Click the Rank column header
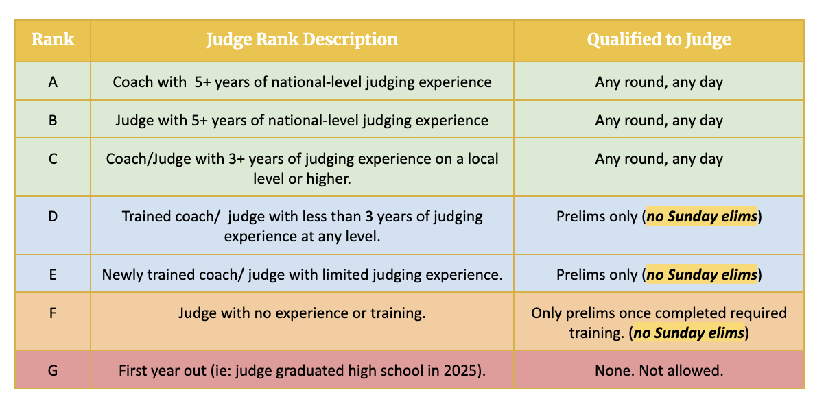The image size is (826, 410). point(53,39)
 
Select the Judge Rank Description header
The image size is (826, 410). point(302,40)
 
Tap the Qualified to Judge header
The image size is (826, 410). point(659,40)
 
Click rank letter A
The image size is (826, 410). point(53,82)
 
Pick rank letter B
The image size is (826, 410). point(53,121)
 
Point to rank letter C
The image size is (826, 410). point(53,159)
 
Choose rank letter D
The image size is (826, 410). point(53,216)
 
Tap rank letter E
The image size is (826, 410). point(53,275)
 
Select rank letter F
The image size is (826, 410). point(53,313)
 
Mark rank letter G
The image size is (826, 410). point(53,371)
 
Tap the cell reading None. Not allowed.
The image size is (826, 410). point(659,371)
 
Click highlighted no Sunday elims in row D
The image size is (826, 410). point(702,217)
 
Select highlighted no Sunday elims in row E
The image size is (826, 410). point(702,275)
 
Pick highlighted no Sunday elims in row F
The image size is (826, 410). point(689,333)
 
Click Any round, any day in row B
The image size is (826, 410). point(659,121)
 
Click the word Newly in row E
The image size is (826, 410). point(122,275)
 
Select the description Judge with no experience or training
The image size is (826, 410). point(302,313)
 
